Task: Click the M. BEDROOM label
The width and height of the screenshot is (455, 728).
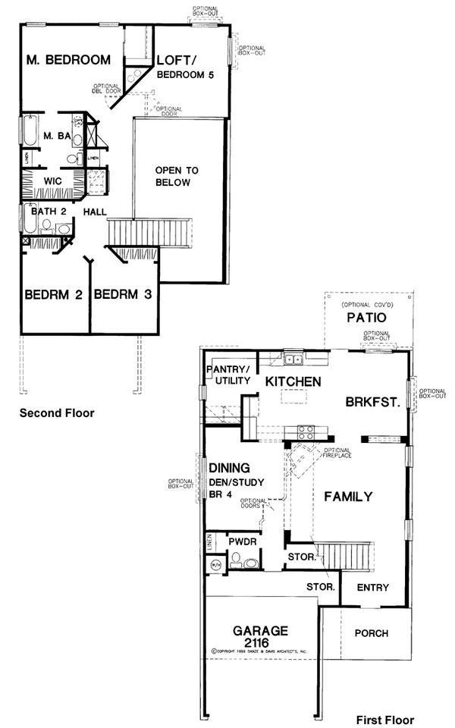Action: pyautogui.click(x=68, y=60)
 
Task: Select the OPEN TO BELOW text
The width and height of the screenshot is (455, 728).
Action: pyautogui.click(x=173, y=176)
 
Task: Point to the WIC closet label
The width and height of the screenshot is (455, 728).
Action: pyautogui.click(x=52, y=182)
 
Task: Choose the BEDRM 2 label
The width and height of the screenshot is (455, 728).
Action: pyautogui.click(x=53, y=295)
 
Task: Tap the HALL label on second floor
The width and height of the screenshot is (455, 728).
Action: pyautogui.click(x=95, y=212)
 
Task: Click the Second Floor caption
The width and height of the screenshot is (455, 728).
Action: pyautogui.click(x=57, y=413)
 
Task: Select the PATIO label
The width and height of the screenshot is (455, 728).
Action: pyautogui.click(x=368, y=317)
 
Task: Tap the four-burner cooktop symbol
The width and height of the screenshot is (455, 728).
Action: pyautogui.click(x=306, y=432)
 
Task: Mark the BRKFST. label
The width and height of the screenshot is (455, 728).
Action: pyautogui.click(x=372, y=403)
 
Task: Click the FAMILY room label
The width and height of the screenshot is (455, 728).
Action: pyautogui.click(x=348, y=497)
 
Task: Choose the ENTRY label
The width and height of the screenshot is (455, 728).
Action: pyautogui.click(x=372, y=588)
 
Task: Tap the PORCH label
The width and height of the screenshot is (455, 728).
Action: pyautogui.click(x=372, y=633)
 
